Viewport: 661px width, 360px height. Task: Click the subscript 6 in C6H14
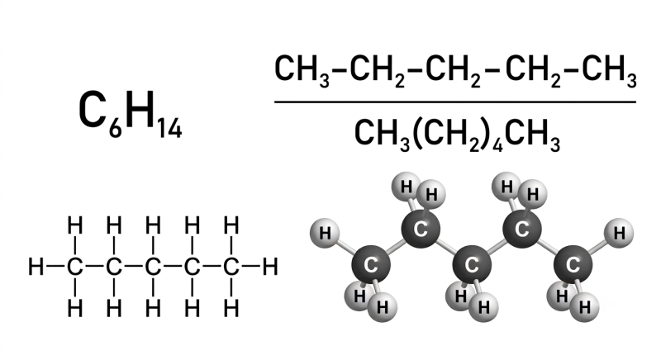pos(115,129)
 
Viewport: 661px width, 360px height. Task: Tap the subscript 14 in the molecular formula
pos(170,129)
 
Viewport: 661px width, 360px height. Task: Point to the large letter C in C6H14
pos(92,109)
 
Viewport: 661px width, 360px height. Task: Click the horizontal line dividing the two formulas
pos(455,102)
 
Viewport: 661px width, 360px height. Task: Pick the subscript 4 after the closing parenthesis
pos(498,144)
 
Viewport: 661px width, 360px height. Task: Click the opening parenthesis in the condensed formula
pos(418,134)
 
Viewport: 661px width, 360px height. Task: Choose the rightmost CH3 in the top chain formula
pos(609,70)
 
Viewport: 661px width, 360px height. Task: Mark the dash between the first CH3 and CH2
pos(340,69)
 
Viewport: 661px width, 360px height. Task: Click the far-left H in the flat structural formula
pos(36,267)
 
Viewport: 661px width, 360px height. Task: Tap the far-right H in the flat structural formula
pos(270,267)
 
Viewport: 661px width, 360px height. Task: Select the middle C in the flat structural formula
pos(153,267)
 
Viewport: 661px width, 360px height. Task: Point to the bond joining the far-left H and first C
pos(55,266)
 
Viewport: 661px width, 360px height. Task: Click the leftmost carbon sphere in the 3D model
pos(371,264)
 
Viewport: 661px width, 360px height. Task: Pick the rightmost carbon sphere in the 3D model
pos(573,264)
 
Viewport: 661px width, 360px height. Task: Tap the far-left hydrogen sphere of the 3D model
pos(325,233)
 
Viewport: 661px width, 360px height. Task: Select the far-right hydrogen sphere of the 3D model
pos(619,233)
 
